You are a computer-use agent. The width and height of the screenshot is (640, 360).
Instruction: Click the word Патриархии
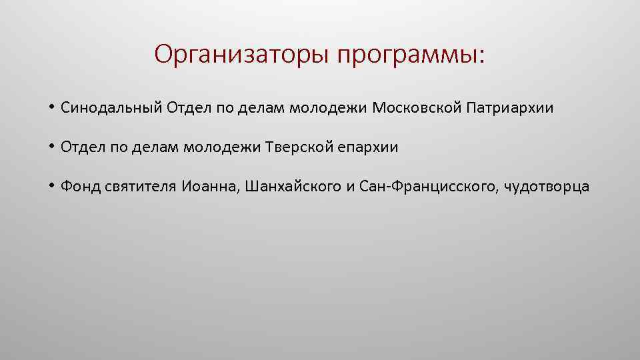tap(509, 107)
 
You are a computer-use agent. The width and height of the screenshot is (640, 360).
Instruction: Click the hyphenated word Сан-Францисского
tap(429, 187)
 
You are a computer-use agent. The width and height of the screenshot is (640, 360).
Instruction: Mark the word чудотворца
tap(547, 187)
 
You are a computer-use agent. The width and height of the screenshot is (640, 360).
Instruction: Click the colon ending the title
tap(483, 57)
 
